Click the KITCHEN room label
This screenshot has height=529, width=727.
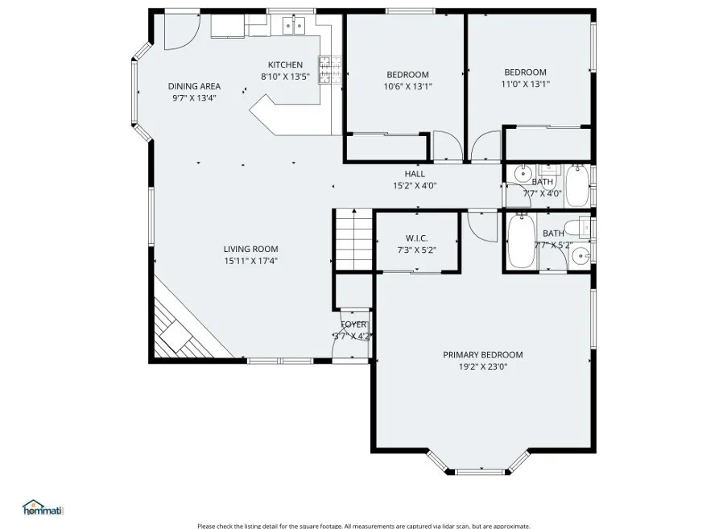tap(285, 65)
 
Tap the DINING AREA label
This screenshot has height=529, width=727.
tap(194, 86)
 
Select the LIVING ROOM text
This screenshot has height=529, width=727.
tap(251, 250)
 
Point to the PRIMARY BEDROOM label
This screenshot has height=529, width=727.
tap(482, 354)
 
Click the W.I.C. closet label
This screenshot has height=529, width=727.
tap(416, 238)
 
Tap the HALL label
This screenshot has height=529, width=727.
tap(415, 174)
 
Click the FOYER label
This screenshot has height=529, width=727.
tap(353, 324)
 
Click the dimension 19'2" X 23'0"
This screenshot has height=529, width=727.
tap(482, 366)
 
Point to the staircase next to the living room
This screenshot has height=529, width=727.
tap(352, 239)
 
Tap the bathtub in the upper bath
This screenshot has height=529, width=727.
tap(576, 185)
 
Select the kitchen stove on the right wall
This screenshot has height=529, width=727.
tap(330, 70)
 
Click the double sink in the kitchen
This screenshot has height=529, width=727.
tap(292, 27)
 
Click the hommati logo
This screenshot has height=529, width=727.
tap(42, 507)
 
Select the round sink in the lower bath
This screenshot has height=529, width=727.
tap(579, 258)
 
